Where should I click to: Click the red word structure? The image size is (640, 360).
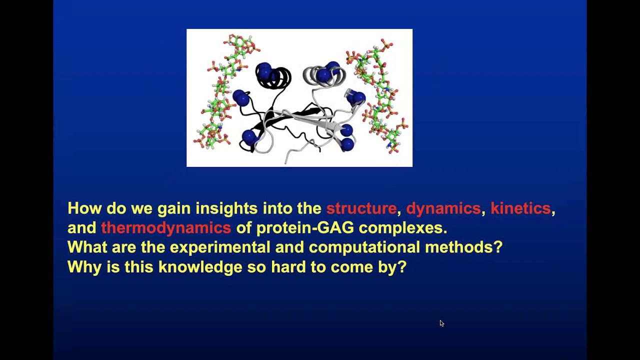(x=361, y=208)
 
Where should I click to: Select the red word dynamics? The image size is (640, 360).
(x=443, y=208)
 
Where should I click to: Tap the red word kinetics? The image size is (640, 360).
(x=520, y=208)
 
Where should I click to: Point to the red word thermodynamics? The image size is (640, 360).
(x=165, y=228)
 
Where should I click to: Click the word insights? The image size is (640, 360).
(x=226, y=208)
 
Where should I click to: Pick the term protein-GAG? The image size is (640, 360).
(x=304, y=228)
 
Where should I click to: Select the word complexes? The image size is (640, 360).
(x=402, y=228)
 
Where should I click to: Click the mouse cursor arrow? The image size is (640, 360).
(x=441, y=323)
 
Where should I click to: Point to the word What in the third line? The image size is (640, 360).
(x=87, y=247)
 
